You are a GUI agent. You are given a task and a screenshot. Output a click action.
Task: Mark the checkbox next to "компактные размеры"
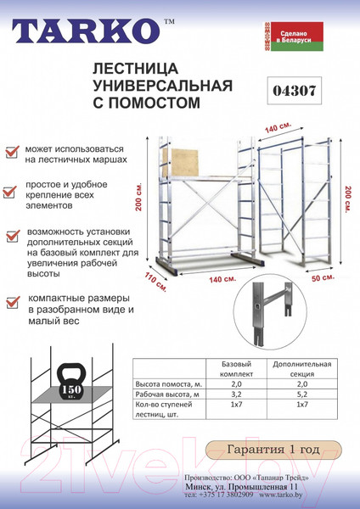point(12,300)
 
